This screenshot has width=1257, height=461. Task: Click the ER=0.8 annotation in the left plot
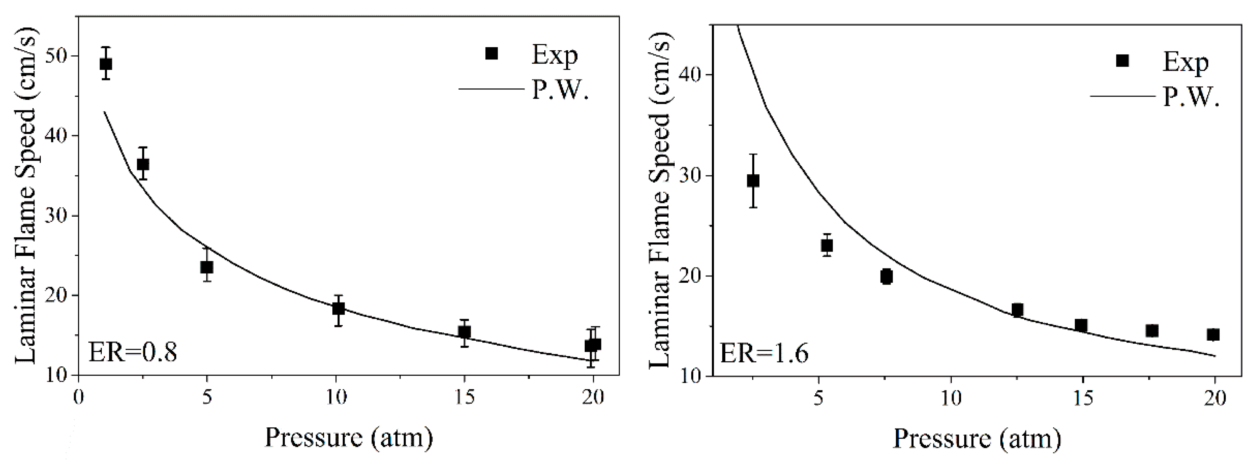(132, 352)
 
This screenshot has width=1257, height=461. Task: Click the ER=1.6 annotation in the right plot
(764, 353)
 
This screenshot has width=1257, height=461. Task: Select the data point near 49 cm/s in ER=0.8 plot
(106, 64)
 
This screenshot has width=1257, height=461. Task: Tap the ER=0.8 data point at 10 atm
(339, 308)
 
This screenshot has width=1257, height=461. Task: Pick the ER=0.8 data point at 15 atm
(465, 332)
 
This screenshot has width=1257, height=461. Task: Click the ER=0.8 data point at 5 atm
(207, 267)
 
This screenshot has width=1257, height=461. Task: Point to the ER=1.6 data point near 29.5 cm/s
(753, 181)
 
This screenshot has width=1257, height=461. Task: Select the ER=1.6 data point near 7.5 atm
(887, 276)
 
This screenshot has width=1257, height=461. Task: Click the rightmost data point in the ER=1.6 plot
(1213, 335)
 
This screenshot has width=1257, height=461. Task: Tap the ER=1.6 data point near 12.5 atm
(1017, 310)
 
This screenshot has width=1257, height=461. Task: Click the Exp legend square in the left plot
(491, 53)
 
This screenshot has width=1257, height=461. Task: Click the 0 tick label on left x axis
(78, 396)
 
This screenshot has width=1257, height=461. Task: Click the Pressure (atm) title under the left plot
(348, 437)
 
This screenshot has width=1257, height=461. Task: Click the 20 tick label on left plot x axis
(593, 396)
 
